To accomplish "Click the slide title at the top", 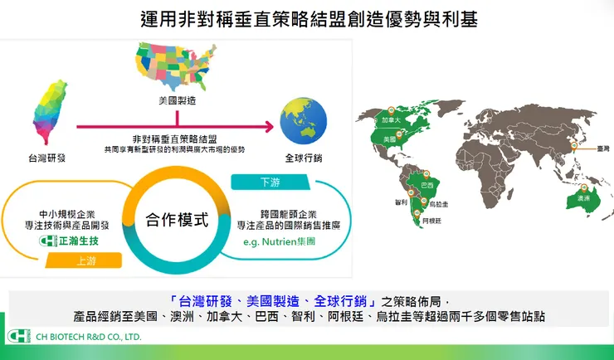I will coord(307,19).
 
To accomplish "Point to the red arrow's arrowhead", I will coord(267,126).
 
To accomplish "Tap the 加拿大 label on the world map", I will coord(392,121).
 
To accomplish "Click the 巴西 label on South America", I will coord(427,184).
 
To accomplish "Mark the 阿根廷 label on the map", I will coord(432,221).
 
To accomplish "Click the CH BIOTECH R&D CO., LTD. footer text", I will coord(89,338).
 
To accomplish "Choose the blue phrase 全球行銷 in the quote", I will coord(337,301).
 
